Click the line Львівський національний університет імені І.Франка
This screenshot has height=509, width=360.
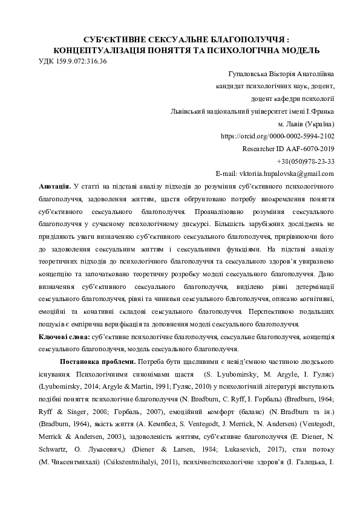tap(254, 111)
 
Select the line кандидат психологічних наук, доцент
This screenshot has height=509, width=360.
tap(275, 86)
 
